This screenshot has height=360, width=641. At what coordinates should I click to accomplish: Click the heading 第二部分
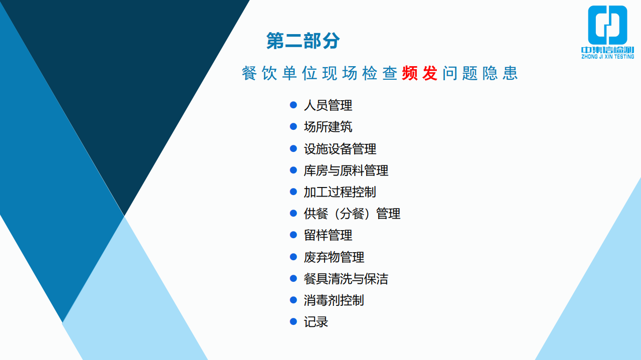click(x=303, y=41)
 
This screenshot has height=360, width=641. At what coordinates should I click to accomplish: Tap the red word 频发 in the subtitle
click(x=420, y=73)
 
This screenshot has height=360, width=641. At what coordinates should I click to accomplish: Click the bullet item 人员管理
click(x=328, y=105)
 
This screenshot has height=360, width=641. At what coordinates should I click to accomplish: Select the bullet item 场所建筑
click(x=328, y=127)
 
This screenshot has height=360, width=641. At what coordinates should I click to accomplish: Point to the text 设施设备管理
click(x=340, y=149)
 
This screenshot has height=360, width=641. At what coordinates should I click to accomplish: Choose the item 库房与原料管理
click(x=346, y=170)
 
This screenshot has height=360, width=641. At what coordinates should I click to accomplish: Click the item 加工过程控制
click(x=340, y=192)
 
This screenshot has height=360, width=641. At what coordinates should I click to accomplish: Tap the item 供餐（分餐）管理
click(x=352, y=214)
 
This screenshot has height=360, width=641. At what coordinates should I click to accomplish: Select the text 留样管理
click(x=328, y=235)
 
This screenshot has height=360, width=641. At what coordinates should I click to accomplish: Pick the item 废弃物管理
click(x=334, y=257)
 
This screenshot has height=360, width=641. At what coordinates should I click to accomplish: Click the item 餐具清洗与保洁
click(x=346, y=279)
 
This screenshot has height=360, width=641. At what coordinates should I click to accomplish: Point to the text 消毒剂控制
click(x=334, y=300)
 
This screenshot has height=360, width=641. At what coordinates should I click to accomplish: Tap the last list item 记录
click(x=316, y=322)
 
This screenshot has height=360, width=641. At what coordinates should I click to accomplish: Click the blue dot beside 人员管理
click(x=293, y=105)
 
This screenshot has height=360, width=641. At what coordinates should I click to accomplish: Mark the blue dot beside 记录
click(x=293, y=321)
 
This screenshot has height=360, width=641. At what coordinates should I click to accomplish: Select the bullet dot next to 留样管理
click(x=293, y=235)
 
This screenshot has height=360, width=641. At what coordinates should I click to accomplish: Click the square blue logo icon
click(x=607, y=25)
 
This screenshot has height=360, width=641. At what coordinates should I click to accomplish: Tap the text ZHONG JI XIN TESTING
click(x=607, y=57)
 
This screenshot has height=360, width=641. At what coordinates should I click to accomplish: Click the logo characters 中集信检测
click(x=607, y=50)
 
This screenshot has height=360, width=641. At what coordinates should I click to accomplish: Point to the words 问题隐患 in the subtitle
click(x=480, y=73)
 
